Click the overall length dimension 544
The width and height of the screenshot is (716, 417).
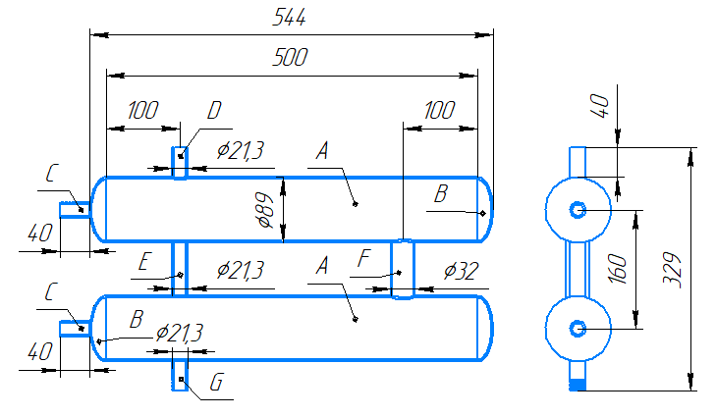click(x=289, y=18)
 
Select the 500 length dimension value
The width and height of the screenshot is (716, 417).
click(x=290, y=58)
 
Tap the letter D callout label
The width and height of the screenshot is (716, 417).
click(x=214, y=111)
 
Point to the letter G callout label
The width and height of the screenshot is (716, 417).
click(x=216, y=383)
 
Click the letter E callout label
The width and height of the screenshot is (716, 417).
click(x=143, y=262)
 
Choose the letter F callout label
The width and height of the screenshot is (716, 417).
click(x=363, y=259)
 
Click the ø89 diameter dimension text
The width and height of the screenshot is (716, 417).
click(x=266, y=210)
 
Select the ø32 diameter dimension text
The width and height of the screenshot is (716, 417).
click(x=462, y=271)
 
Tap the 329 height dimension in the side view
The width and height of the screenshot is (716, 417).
click(x=672, y=270)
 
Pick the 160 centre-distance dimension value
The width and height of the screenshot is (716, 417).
click(x=619, y=269)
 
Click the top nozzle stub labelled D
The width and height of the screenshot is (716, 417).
click(x=180, y=163)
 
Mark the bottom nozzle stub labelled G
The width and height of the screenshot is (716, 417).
click(x=180, y=375)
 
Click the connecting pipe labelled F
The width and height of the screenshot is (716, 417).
click(x=403, y=269)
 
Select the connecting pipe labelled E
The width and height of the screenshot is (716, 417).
click(x=180, y=269)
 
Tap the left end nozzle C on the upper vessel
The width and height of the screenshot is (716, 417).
click(x=76, y=210)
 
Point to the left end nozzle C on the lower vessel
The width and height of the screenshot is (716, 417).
click(x=76, y=329)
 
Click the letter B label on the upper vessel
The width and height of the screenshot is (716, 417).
click(x=441, y=193)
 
